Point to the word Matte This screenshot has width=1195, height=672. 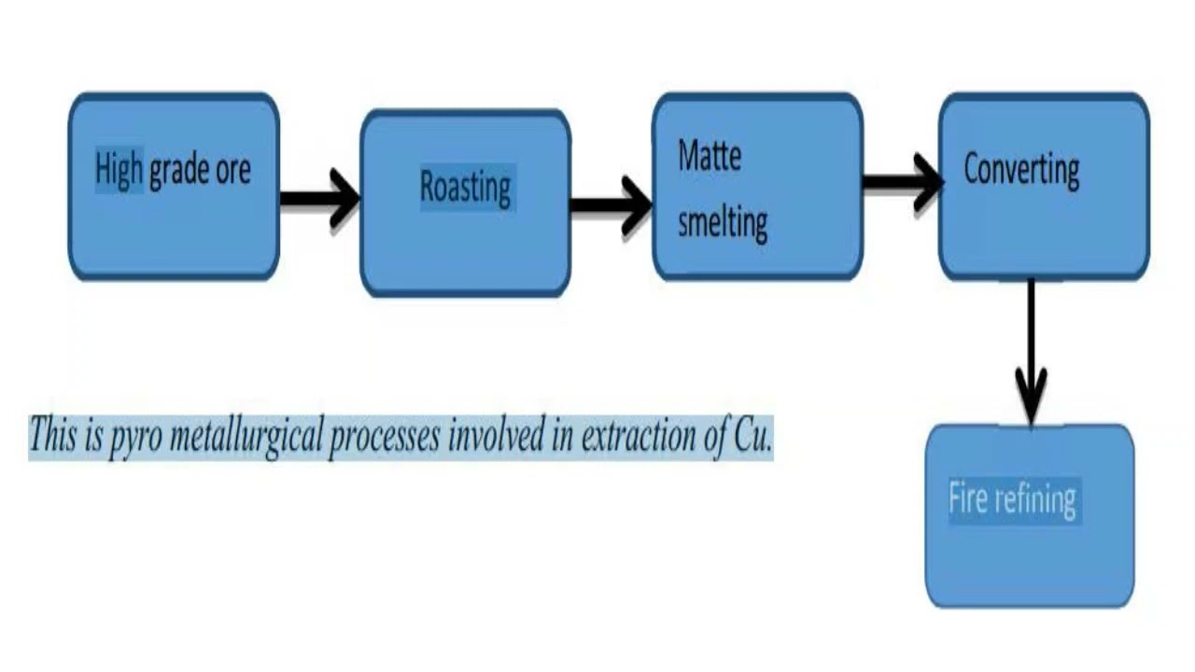point(710,155)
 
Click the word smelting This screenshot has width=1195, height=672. point(723,223)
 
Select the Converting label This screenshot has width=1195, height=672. point(1021,171)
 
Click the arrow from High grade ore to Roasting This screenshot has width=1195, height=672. point(320,199)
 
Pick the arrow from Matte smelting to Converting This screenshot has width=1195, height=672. point(901,183)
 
